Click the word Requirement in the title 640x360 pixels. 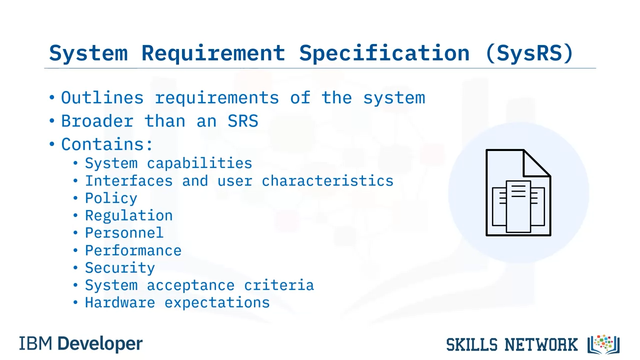click(213, 53)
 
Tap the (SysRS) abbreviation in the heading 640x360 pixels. click(529, 53)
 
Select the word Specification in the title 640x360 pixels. click(384, 53)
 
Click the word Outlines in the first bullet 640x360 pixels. click(102, 97)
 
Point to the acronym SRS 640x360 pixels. click(243, 121)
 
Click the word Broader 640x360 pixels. click(97, 121)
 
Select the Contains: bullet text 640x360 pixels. click(107, 144)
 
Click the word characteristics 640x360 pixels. click(327, 181)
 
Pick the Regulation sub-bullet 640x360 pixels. click(129, 216)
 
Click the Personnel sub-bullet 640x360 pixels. click(124, 233)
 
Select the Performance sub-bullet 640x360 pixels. click(133, 250)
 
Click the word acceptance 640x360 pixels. click(190, 285)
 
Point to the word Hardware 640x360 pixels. click(120, 302)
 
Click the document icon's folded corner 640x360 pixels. click(536, 163)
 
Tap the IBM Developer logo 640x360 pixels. click(81, 344)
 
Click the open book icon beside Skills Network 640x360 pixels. click(603, 344)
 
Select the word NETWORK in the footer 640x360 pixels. click(541, 344)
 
